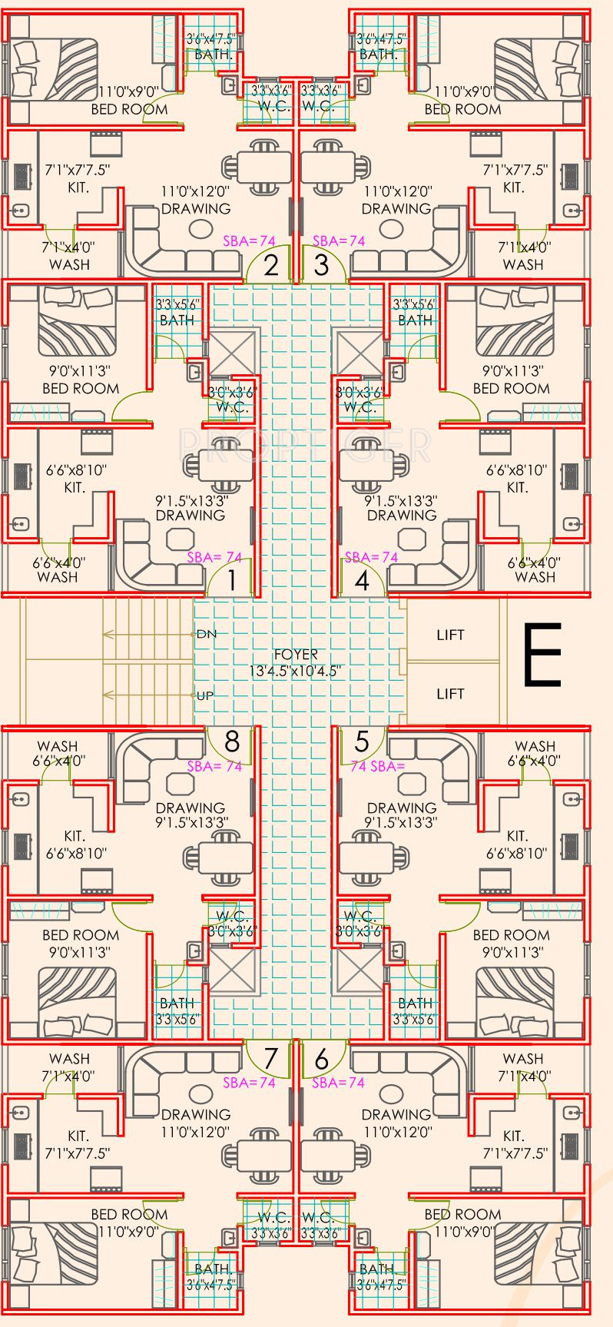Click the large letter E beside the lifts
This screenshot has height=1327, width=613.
tap(542, 655)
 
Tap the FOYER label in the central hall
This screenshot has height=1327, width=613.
tap(296, 655)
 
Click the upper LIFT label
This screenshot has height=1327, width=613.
tap(450, 635)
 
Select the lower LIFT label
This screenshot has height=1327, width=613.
tap(450, 694)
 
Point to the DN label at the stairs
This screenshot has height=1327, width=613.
tap(206, 634)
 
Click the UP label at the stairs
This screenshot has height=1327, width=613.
tap(205, 695)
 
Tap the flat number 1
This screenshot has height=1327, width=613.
tap(231, 580)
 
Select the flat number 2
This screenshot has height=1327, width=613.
tap(271, 266)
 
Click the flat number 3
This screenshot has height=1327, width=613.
tap(321, 266)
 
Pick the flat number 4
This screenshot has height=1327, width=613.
tap(362, 580)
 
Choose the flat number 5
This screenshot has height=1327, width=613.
tap(362, 741)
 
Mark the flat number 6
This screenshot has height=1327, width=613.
tap(321, 1059)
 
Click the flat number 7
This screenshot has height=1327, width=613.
tap(270, 1059)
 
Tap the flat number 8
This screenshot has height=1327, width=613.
tap(231, 741)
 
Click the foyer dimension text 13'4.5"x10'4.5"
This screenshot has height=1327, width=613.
tap(296, 671)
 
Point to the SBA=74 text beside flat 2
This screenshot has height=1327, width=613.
tap(249, 241)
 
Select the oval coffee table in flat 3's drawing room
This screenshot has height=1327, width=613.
tap(392, 229)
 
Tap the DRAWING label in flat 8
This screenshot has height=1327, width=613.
tap(190, 808)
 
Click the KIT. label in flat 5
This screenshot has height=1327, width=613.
tap(517, 836)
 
